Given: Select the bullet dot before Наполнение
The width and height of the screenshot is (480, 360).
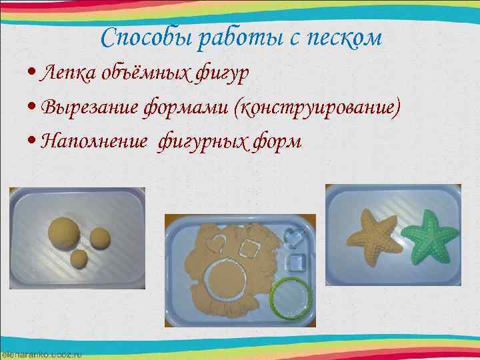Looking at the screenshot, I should pyautogui.click(x=33, y=141).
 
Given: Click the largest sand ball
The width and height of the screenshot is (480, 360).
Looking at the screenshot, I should pyautogui.click(x=64, y=232).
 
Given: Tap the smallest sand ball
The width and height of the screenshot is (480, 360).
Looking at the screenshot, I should pyautogui.click(x=79, y=257).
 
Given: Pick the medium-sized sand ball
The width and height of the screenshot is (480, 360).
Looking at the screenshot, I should pyautogui.click(x=100, y=238).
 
